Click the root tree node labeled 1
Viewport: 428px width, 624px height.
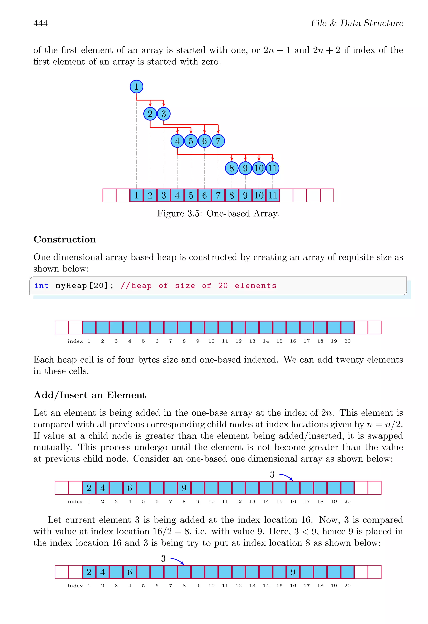[x=136, y=86]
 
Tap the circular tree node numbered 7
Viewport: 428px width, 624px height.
[x=218, y=141]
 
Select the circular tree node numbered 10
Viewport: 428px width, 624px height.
[x=259, y=168]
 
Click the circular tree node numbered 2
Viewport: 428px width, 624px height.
[x=150, y=114]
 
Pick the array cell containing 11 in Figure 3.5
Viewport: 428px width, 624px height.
[x=273, y=195]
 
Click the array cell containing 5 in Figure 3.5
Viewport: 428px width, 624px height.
[x=191, y=195]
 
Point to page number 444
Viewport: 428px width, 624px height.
[x=41, y=23]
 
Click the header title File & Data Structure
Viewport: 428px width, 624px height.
[x=357, y=23]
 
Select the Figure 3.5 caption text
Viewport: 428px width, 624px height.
[x=218, y=213]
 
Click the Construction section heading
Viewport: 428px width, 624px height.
[x=65, y=239]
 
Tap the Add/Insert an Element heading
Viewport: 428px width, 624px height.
[x=89, y=395]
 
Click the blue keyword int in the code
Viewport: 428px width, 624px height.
[x=41, y=286]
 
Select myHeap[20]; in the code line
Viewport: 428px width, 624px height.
[x=85, y=286]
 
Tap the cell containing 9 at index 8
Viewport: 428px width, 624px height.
[x=184, y=488]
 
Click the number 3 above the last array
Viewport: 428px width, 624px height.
[x=163, y=558]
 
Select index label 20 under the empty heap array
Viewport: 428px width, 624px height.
[x=347, y=341]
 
